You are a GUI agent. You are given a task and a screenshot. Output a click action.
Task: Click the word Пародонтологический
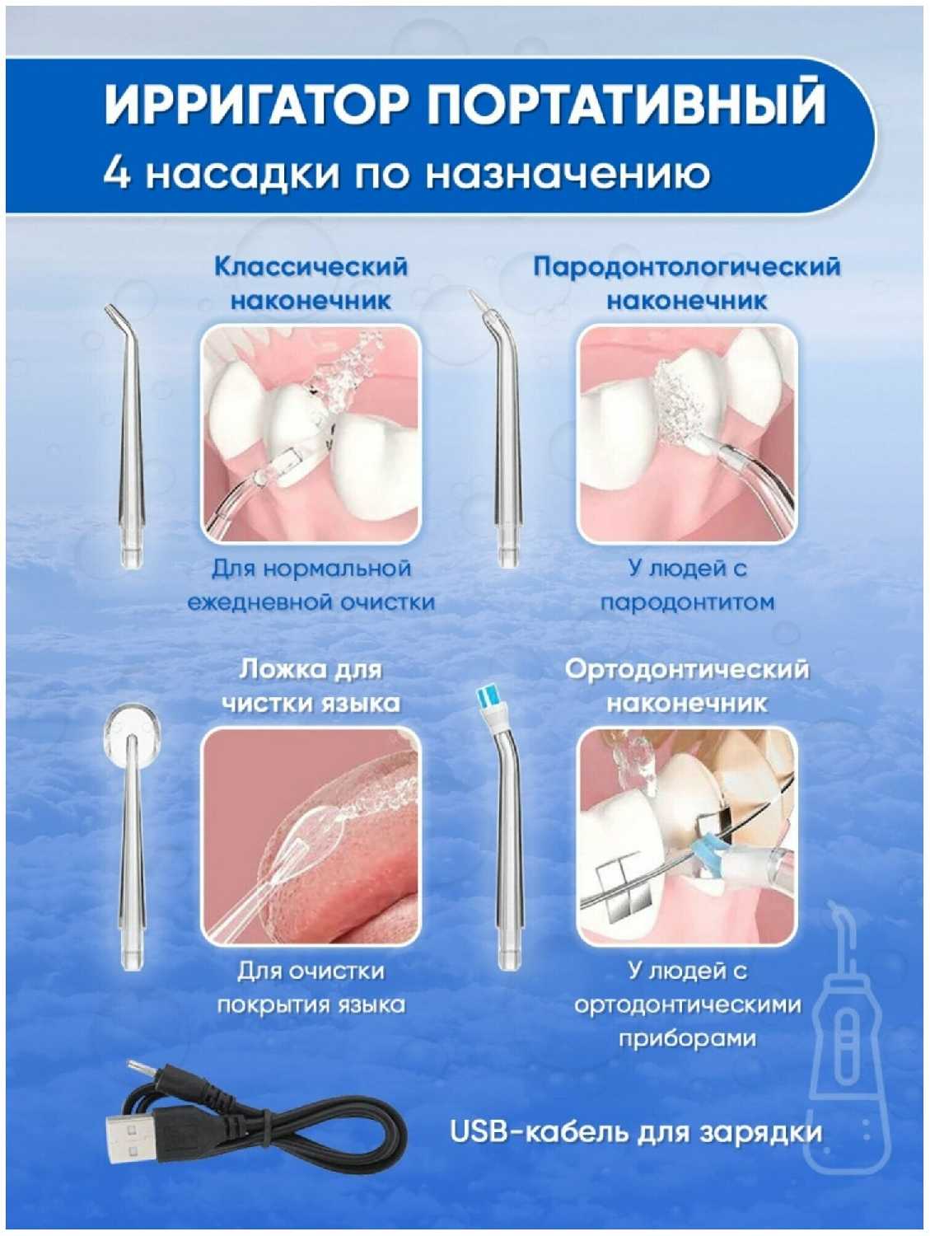687,266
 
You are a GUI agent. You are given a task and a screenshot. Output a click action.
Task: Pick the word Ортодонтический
687,670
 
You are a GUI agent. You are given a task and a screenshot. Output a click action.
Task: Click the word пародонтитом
687,602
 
